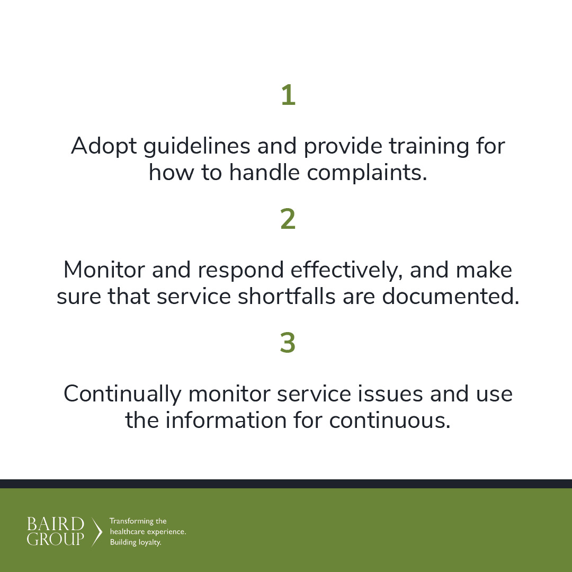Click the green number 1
288,96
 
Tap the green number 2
288,220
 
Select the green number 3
288,344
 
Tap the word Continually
122,395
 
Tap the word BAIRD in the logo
55,524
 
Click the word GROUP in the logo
55,539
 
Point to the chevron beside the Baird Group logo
97,532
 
